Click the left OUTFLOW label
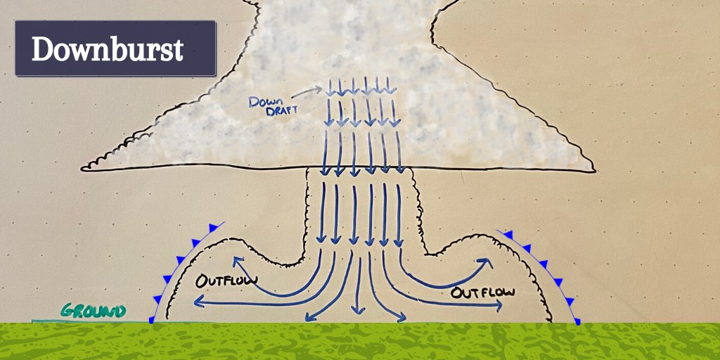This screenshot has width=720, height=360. (226, 280)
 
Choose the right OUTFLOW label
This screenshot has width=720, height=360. (482, 292)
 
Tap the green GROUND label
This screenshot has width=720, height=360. (93, 311)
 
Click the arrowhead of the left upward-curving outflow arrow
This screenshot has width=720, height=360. (238, 262)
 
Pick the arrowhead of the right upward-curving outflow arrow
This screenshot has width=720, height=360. (486, 263)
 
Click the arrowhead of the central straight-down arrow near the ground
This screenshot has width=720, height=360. (358, 310)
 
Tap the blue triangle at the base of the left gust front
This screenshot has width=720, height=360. (152, 320)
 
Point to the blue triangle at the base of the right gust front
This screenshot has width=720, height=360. (577, 321)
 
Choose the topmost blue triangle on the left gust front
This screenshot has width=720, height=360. (214, 228)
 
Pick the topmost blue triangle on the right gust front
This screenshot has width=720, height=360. (508, 235)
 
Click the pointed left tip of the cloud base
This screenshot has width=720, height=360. (82, 169)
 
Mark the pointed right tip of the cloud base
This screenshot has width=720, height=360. (595, 172)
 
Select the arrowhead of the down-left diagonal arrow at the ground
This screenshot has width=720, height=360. (309, 318)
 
